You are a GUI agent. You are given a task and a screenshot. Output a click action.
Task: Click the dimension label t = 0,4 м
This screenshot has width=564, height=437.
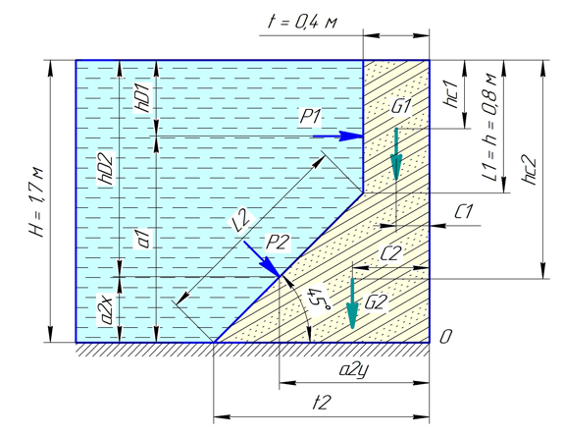click(x=302, y=23)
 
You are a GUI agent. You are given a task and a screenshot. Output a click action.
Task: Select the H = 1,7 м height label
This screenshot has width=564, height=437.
click(x=36, y=202)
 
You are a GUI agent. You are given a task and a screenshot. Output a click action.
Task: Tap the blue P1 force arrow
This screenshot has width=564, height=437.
click(x=337, y=136)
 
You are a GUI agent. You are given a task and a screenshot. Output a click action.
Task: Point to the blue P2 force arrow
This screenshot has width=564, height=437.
click(x=262, y=259)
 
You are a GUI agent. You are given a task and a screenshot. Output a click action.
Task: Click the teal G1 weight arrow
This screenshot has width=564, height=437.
click(x=396, y=154)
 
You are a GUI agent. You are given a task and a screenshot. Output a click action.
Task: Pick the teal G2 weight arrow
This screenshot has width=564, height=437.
click(x=352, y=303)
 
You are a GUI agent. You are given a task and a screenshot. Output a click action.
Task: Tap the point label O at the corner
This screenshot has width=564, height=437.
click(x=445, y=337)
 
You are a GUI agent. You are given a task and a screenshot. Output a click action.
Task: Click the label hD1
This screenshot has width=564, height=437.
click(x=144, y=98)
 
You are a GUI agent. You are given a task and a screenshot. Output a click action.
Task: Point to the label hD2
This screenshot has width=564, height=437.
click(x=107, y=169)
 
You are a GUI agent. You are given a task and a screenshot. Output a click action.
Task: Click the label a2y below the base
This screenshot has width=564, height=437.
click(x=353, y=370)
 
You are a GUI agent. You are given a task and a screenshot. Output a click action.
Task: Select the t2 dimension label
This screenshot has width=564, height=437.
click(x=321, y=403)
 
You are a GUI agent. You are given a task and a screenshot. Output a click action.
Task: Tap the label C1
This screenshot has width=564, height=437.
click(x=463, y=212)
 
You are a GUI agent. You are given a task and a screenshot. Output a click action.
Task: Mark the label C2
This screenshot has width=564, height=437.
click(x=390, y=254)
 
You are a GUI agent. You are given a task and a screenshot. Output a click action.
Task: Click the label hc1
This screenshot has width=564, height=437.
click(x=452, y=93)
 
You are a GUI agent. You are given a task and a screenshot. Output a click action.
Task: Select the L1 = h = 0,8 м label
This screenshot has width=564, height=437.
click(x=489, y=128)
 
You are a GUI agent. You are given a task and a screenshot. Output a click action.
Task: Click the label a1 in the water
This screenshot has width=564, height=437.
click(x=144, y=240)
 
